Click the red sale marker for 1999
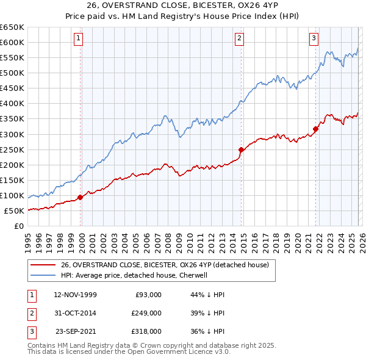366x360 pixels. point(81,197)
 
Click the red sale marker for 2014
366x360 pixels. point(242,149)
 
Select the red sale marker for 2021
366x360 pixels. point(316,129)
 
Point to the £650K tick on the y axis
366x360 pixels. point(12,27)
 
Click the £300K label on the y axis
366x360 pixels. point(12,134)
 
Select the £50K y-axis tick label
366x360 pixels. point(14,211)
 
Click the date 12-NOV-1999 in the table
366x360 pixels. point(75,295)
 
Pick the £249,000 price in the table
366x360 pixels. point(146,313)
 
